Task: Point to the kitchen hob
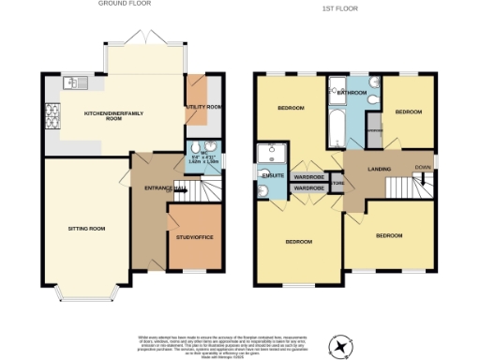[52, 117]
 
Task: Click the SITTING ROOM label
[86, 228]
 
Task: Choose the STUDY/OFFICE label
[195, 237]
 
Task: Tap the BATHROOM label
[352, 93]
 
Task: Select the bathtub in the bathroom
[335, 127]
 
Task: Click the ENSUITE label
[273, 174]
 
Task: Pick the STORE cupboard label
[339, 183]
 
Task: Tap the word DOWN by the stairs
[423, 168]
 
